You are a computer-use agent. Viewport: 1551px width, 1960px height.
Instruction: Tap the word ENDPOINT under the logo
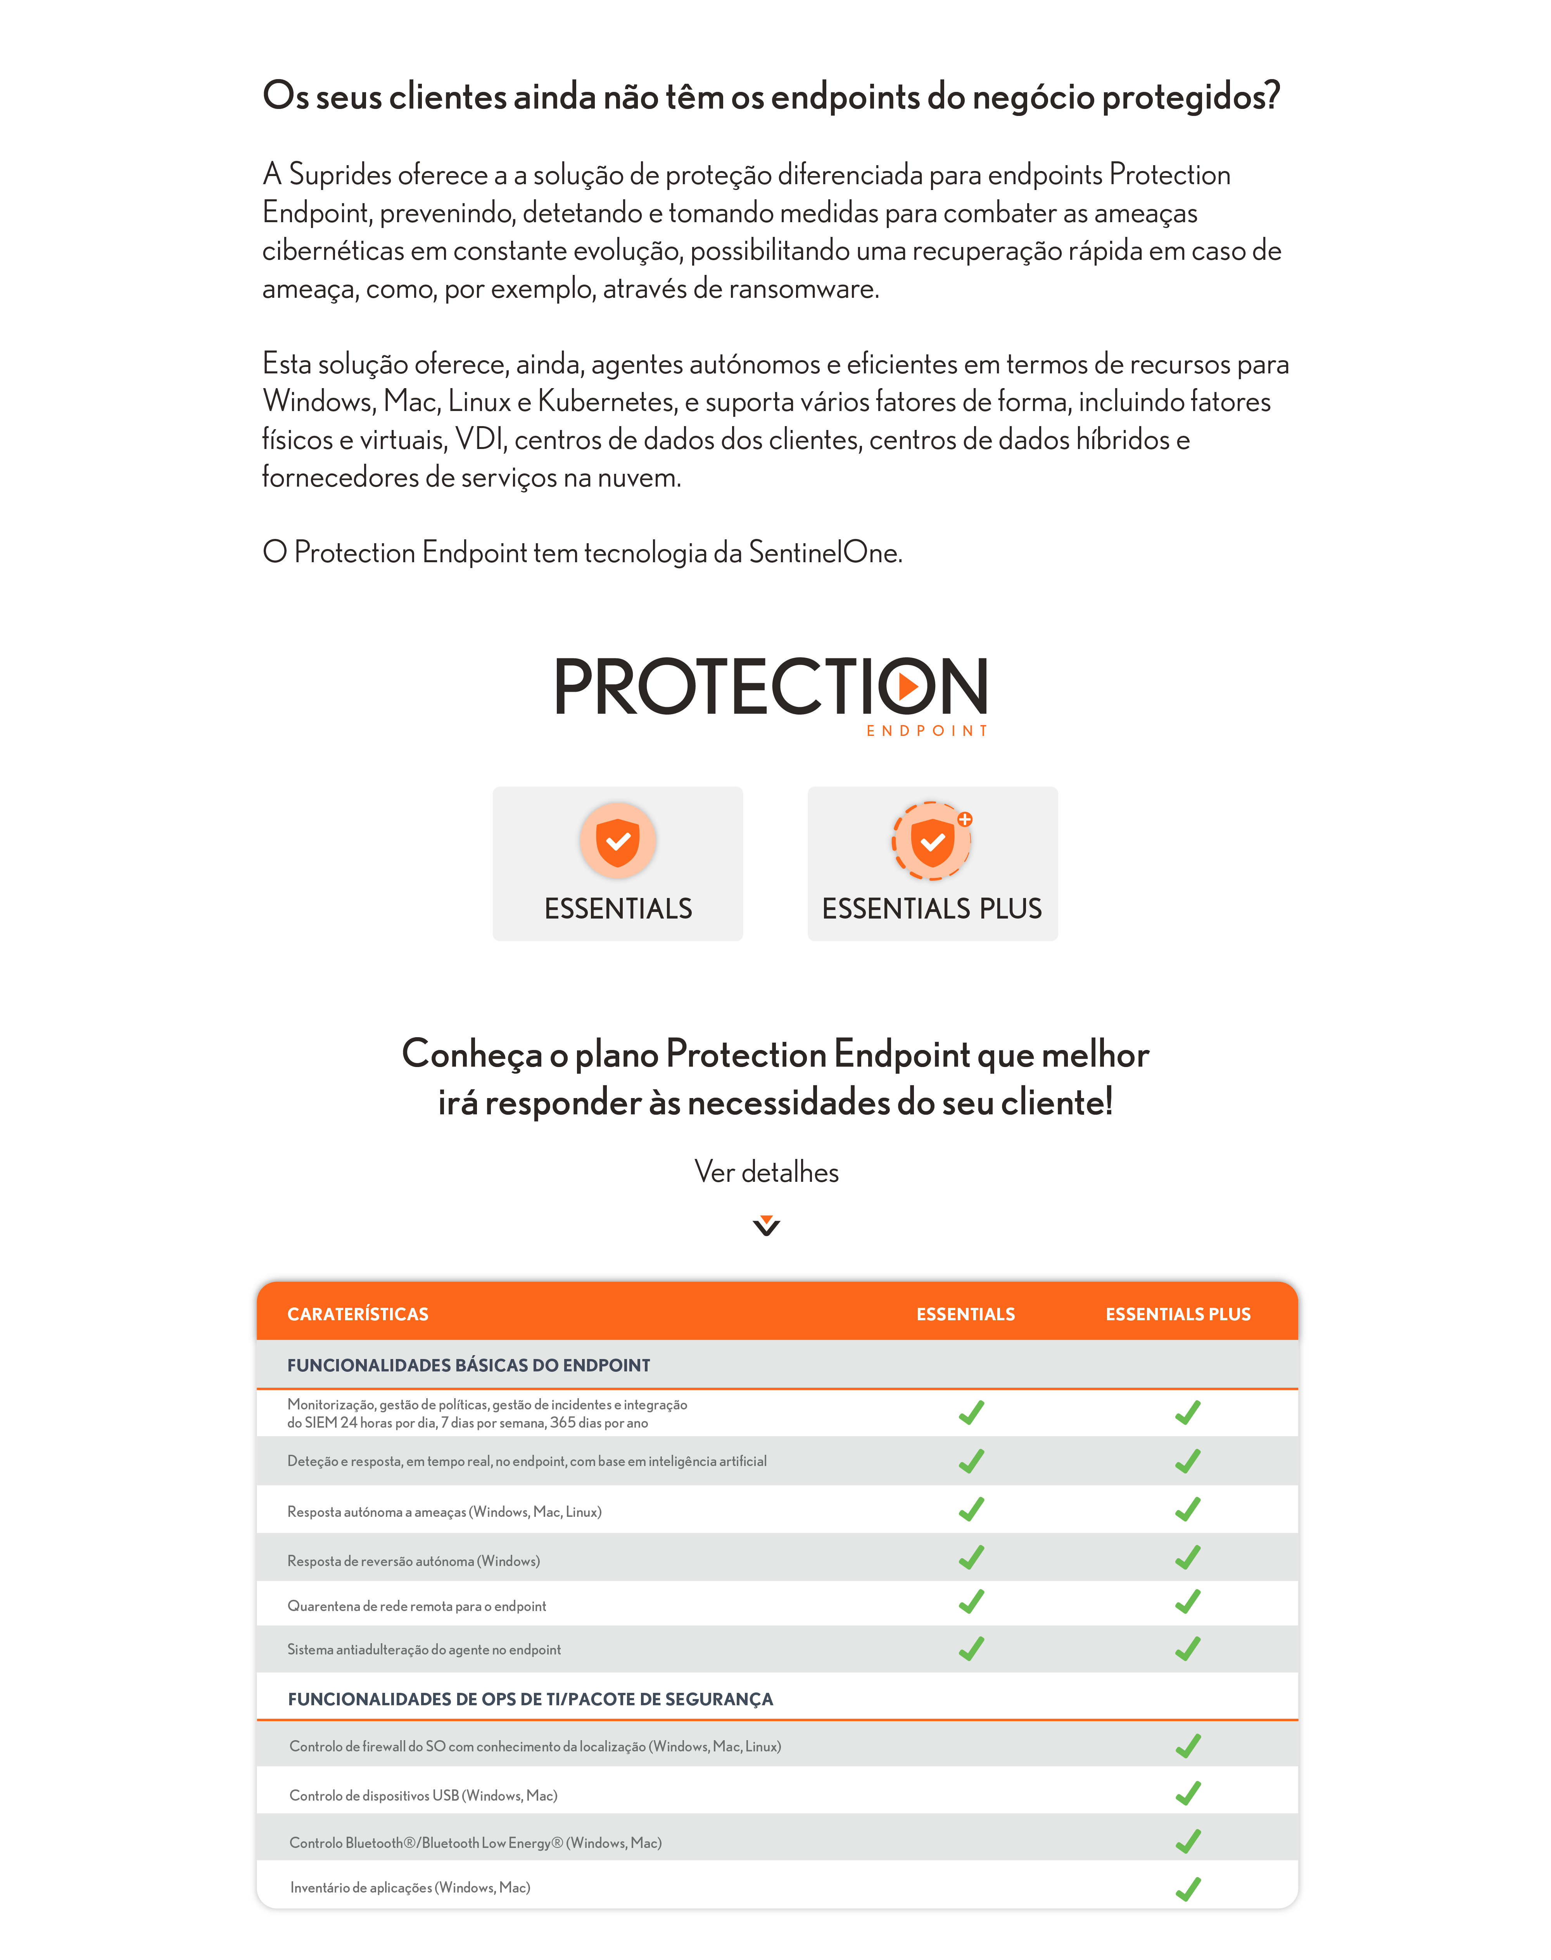coord(926,731)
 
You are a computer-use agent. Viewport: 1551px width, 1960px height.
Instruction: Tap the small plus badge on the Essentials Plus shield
coord(964,819)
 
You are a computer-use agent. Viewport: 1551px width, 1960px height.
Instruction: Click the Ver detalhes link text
coord(767,1172)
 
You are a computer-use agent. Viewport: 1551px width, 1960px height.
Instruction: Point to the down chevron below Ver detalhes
coord(767,1226)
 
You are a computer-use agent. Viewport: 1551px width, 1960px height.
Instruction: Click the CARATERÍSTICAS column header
coord(358,1314)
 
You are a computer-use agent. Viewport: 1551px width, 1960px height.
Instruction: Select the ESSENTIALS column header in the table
coord(965,1314)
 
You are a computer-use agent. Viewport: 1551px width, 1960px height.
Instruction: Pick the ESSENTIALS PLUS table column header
coord(1178,1314)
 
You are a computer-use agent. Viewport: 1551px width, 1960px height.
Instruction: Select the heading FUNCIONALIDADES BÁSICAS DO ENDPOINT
coord(468,1365)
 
